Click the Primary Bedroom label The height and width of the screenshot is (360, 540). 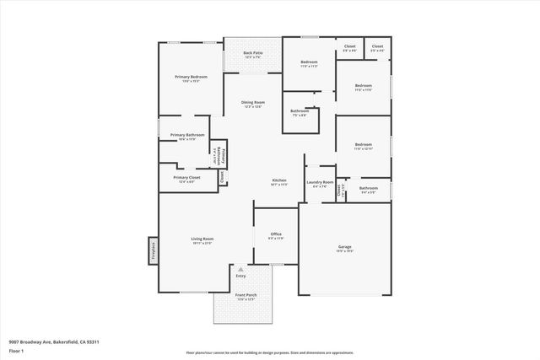(x=191, y=77)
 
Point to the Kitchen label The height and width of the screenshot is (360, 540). (x=279, y=180)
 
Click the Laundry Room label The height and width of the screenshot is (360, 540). (x=320, y=182)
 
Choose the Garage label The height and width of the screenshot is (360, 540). (x=344, y=246)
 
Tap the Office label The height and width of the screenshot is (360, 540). (x=276, y=234)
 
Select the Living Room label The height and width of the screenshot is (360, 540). (x=202, y=239)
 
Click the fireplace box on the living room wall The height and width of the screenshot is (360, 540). (x=153, y=250)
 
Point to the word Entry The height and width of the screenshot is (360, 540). (x=240, y=276)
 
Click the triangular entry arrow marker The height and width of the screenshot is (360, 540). (x=240, y=269)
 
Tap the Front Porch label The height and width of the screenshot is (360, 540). (x=246, y=295)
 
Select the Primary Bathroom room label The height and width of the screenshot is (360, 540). (x=187, y=135)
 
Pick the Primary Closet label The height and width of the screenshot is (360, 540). (x=186, y=178)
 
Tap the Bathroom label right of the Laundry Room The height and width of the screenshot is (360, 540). (x=368, y=188)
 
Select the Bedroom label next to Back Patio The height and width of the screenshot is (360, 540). (x=309, y=62)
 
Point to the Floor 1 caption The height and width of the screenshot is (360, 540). (x=16, y=349)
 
